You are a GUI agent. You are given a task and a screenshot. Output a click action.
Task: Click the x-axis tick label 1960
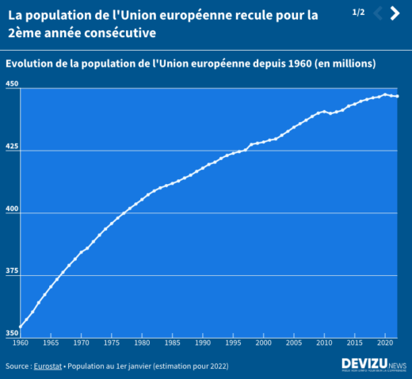point(21,343)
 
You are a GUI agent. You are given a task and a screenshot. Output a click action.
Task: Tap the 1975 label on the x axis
point(112,343)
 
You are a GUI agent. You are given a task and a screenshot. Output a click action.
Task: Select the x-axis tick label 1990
point(203,343)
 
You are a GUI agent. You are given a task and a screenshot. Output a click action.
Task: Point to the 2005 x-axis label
point(294,343)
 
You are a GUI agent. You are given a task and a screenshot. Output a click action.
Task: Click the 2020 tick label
point(385,343)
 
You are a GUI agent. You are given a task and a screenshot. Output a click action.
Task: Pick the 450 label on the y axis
point(12,83)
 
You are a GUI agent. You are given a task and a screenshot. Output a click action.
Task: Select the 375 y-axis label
point(12,271)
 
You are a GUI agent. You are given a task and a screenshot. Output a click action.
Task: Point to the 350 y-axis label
point(12,334)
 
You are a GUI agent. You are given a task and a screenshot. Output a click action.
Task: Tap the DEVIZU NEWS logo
point(373,365)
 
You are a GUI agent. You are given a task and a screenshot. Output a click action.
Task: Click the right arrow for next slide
point(395,13)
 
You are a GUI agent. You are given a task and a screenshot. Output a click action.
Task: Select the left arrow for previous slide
point(378,13)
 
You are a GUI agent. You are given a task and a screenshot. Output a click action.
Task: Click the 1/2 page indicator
point(358,13)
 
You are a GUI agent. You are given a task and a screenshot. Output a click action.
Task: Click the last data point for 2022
point(397,96)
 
